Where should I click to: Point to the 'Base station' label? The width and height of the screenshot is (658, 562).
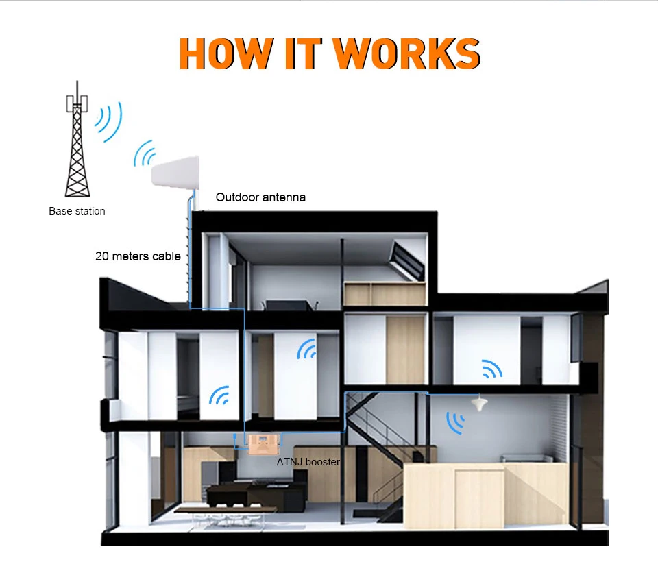tap(77, 211)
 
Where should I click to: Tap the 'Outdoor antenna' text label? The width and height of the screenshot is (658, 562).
tap(260, 197)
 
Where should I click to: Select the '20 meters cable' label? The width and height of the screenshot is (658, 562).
tap(138, 256)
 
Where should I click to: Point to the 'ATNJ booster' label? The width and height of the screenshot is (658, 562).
tap(308, 462)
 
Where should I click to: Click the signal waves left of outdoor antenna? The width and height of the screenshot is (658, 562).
tap(144, 154)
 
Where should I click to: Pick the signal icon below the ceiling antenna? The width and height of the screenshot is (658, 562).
tap(454, 421)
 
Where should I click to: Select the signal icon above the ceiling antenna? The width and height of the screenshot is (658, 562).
tap(491, 369)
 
